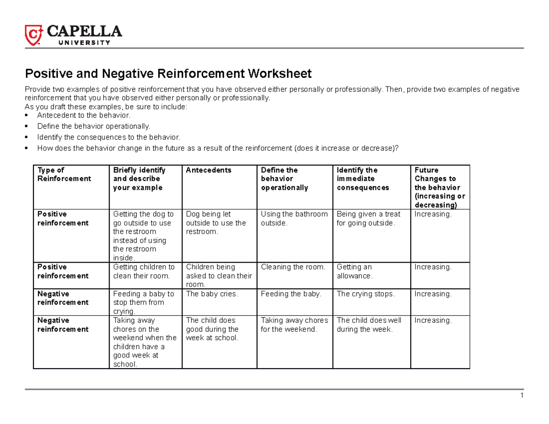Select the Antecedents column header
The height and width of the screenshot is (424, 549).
(x=209, y=170)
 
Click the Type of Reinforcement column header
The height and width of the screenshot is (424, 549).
(x=64, y=174)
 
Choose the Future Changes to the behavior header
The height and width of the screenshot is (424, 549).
(x=439, y=188)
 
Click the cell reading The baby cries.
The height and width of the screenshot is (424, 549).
(x=212, y=294)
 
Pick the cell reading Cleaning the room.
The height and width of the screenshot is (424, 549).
(x=293, y=267)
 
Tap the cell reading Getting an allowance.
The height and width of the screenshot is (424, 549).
(x=355, y=271)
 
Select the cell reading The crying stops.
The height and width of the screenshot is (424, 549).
(x=365, y=294)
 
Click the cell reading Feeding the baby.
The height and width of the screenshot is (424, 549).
(x=291, y=294)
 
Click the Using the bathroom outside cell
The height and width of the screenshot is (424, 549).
(x=294, y=218)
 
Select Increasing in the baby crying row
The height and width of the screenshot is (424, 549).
(x=433, y=294)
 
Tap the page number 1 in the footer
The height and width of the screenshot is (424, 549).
(x=522, y=396)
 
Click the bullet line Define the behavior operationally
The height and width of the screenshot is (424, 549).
(x=93, y=126)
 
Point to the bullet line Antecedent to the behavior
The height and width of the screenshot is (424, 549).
(x=81, y=115)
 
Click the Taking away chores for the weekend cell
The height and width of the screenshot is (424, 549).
(x=294, y=325)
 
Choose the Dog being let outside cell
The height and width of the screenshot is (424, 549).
(x=215, y=223)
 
